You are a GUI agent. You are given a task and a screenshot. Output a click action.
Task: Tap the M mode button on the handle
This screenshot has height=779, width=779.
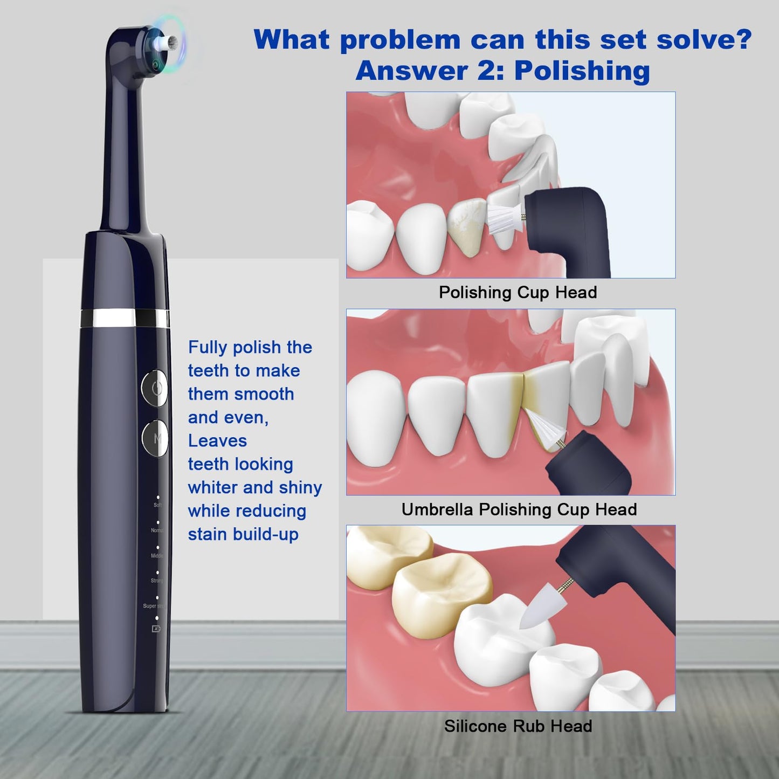[x=156, y=438]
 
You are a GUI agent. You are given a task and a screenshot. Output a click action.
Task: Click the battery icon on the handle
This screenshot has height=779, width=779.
[x=156, y=629]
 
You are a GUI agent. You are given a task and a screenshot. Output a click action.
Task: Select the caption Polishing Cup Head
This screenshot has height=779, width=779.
[x=518, y=292]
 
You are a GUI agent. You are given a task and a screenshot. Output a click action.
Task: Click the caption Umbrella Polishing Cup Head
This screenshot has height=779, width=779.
[x=519, y=509]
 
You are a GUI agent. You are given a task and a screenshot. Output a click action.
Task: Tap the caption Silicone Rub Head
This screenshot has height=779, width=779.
[x=518, y=726]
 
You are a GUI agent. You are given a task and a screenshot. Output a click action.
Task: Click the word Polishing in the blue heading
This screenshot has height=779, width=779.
[x=582, y=71]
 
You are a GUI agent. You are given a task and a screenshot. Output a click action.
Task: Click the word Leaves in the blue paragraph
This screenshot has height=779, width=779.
[x=217, y=441]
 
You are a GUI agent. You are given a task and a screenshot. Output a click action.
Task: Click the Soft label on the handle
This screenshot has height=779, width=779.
[x=157, y=505]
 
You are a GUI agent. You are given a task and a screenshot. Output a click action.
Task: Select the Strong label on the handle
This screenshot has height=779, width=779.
[x=156, y=581]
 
